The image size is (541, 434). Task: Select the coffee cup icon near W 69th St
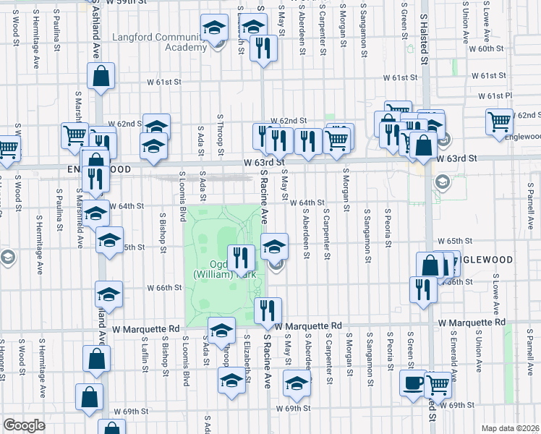[413, 383]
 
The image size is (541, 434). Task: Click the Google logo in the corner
[25, 425]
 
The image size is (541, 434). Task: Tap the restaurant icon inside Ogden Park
[241, 258]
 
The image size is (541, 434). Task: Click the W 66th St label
[164, 287]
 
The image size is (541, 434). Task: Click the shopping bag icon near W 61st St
[101, 75]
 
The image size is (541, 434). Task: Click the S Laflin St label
[145, 354]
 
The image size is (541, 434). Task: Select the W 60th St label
[485, 48]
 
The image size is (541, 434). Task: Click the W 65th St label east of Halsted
[454, 240]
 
